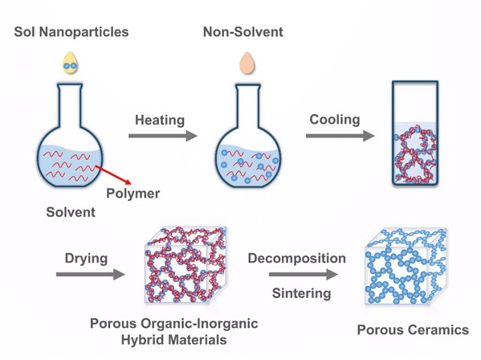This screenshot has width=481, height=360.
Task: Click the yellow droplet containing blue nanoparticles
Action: [70, 63]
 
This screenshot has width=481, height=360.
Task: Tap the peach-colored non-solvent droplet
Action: [247, 63]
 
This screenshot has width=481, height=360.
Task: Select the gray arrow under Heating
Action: [162, 136]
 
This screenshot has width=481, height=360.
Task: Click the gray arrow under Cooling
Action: [340, 136]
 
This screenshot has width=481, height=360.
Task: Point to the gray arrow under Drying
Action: [91, 274]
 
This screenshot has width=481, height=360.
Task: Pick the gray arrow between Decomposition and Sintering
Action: [304, 274]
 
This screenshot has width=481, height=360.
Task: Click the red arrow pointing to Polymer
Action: [113, 174]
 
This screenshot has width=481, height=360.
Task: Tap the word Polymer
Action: [132, 194]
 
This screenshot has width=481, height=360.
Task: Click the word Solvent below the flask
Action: [71, 212]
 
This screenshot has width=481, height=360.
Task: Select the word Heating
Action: [160, 120]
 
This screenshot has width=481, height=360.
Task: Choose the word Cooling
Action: [335, 120]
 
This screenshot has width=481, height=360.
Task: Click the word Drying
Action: [86, 259]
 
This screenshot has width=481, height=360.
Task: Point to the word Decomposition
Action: [297, 259]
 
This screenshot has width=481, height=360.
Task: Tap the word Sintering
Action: [302, 293]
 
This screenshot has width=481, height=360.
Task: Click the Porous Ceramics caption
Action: [413, 330]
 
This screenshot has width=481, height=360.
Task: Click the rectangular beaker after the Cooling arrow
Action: [415, 133]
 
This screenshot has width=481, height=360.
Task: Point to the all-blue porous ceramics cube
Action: [406, 267]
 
